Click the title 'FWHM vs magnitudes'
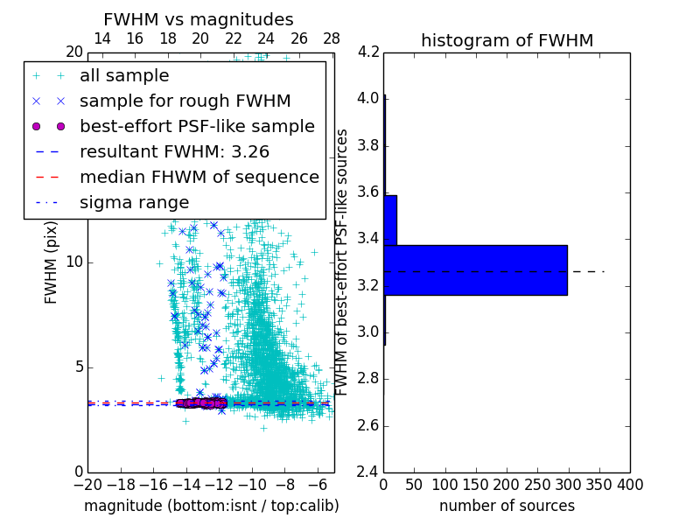199,19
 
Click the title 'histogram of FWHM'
507,40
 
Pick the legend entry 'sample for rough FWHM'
185,101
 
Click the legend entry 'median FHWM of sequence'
199,178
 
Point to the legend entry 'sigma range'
134,203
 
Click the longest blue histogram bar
475,269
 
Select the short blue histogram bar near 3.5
390,220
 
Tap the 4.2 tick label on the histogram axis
368,52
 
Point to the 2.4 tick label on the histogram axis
368,472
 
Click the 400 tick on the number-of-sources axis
630,484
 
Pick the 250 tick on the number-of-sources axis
537,484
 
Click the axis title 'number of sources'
507,506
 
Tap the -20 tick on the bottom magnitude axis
87,484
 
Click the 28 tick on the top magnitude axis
332,38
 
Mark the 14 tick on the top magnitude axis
101,38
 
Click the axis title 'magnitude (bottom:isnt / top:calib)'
211,506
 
